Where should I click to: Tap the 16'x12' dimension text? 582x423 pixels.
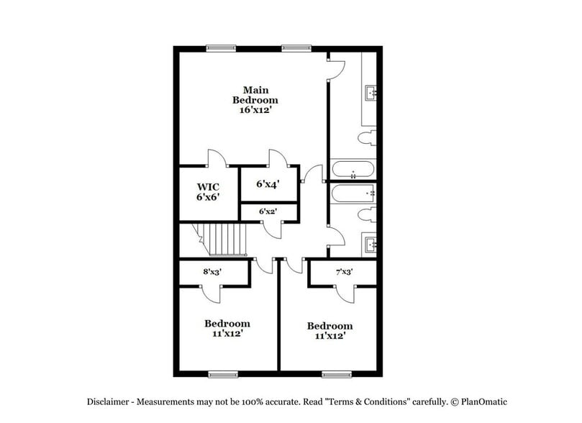click(255, 111)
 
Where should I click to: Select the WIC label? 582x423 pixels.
click(208, 185)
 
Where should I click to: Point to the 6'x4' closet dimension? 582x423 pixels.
click(268, 184)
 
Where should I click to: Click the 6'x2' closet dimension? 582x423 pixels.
click(268, 211)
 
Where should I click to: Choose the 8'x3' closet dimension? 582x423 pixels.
click(213, 273)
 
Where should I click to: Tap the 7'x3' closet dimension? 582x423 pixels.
click(344, 273)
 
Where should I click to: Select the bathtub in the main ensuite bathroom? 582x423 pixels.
click(353, 171)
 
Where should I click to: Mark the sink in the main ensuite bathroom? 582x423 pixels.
click(372, 93)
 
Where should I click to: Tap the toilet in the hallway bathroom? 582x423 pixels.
click(368, 214)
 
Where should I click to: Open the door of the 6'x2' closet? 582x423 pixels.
click(271, 229)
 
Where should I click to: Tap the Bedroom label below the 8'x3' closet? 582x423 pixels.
click(227, 324)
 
